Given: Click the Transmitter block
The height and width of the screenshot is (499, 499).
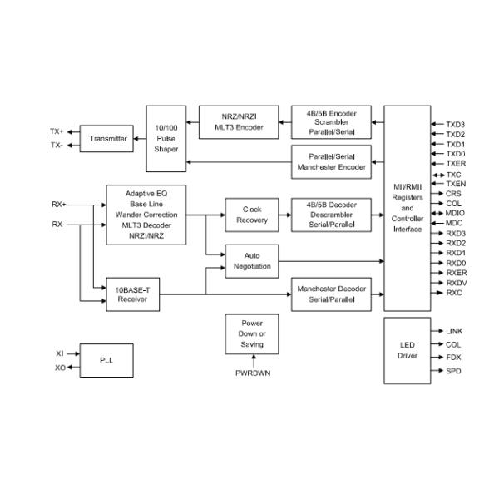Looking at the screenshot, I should click(x=108, y=139).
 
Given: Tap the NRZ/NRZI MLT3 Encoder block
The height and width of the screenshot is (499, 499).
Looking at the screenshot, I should click(x=239, y=121).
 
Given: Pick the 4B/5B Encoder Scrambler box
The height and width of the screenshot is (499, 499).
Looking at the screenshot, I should click(x=331, y=121).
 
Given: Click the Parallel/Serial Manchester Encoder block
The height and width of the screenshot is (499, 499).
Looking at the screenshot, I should click(x=331, y=160).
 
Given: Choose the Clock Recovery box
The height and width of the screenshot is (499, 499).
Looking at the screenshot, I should click(x=252, y=215).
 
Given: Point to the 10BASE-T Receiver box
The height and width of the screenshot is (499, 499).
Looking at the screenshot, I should click(x=134, y=294).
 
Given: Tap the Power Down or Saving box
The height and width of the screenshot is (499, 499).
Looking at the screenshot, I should click(x=252, y=333).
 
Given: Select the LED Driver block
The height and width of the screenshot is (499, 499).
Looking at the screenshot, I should click(x=408, y=350).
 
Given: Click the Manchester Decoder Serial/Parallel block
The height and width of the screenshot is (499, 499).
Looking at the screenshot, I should click(x=331, y=294).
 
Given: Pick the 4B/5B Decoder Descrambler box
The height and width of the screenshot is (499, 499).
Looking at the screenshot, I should click(x=331, y=215).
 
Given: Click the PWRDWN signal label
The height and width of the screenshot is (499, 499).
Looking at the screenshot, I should click(x=252, y=373).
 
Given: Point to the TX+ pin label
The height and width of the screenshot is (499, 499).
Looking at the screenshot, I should click(x=56, y=131).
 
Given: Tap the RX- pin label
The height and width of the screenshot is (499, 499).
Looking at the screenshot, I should click(x=58, y=225).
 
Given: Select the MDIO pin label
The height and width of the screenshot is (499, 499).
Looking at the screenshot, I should click(x=455, y=214).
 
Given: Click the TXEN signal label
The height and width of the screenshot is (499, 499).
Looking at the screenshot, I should click(x=456, y=183).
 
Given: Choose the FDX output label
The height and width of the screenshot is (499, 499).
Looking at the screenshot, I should click(x=454, y=357).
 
